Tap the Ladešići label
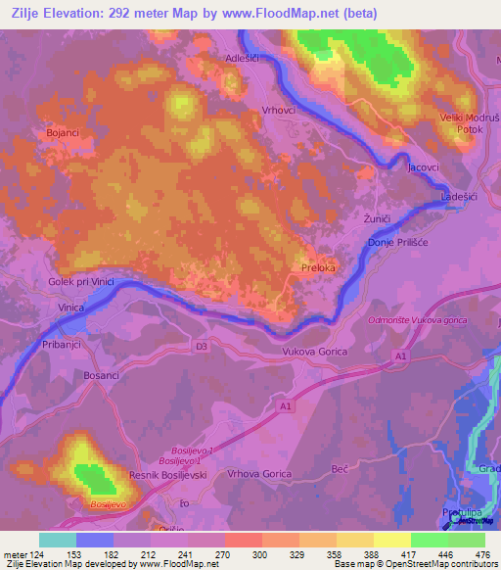[459, 197]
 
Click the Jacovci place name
[424, 169]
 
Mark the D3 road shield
[202, 347]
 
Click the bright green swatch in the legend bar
[430, 540]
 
